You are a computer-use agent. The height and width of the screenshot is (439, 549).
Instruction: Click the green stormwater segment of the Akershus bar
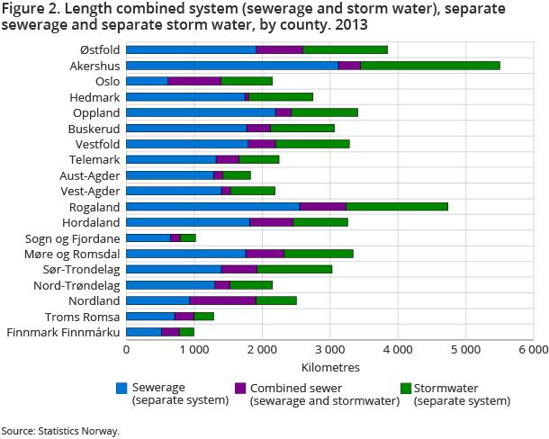click(430, 66)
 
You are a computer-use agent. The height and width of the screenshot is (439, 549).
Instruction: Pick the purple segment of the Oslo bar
click(194, 81)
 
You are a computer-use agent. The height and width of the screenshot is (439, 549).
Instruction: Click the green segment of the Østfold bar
click(345, 49)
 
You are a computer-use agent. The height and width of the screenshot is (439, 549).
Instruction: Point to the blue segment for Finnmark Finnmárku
click(143, 332)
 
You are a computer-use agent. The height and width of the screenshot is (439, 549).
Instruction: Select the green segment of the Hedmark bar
click(281, 96)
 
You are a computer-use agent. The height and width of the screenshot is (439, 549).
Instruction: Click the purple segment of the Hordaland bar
click(271, 221)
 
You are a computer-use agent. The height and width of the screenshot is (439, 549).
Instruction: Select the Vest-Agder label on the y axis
click(89, 191)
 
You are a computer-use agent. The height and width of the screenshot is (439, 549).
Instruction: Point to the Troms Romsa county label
click(89, 316)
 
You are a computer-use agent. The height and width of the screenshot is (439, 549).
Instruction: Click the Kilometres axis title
click(329, 367)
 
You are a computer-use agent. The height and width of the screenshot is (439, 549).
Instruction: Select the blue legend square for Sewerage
click(121, 389)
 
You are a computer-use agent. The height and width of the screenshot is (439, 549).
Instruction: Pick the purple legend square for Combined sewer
click(240, 389)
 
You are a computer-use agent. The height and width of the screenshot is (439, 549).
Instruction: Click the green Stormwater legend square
click(406, 389)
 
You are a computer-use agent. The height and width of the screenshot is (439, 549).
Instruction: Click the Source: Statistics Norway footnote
click(59, 430)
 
